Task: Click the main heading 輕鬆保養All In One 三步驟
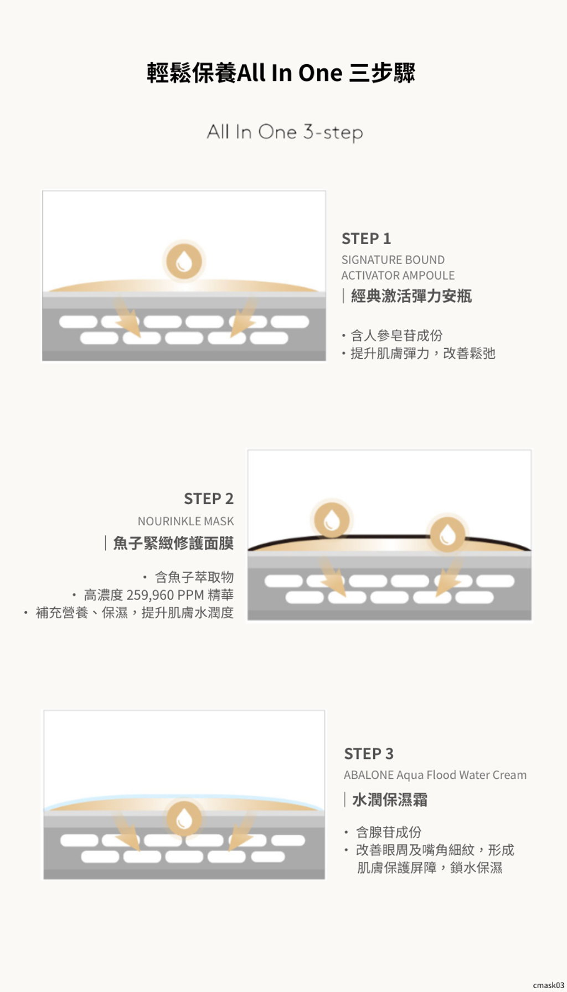coord(281,73)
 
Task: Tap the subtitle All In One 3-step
coord(285,132)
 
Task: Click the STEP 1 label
coord(366,239)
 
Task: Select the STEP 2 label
coord(209,499)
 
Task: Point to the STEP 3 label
coord(369,754)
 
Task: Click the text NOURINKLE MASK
coord(185,521)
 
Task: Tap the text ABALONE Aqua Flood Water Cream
coord(435,775)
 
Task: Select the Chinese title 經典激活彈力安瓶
coord(411,296)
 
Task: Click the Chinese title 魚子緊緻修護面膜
coord(173,543)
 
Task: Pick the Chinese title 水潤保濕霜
coord(390,800)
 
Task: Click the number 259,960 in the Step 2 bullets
coord(150,595)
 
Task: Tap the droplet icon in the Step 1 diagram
coord(184,261)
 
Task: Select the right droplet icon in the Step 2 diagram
coord(447,534)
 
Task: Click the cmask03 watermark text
coord(548,985)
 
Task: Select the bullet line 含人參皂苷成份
coord(396,335)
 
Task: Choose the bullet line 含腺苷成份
coord(389,832)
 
